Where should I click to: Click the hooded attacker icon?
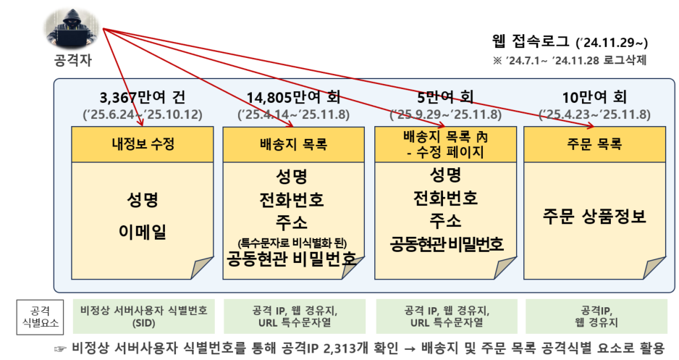[x=72, y=28]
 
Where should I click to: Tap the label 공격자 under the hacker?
[x=72, y=60]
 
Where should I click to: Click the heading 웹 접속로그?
[x=531, y=41]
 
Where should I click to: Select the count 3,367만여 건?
[x=143, y=98]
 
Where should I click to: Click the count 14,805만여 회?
[x=294, y=98]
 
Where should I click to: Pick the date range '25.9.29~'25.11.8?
[x=446, y=114]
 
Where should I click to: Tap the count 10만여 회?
[x=594, y=98]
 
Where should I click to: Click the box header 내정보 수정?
[x=143, y=144]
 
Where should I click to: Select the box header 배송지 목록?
[x=294, y=144]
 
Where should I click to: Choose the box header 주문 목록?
[x=594, y=144]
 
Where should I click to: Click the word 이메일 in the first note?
[x=143, y=232]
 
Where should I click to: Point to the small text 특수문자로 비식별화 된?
[x=292, y=243]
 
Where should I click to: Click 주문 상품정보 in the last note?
[x=594, y=216]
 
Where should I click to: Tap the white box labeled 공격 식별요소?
[x=40, y=317]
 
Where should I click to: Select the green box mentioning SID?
[x=144, y=317]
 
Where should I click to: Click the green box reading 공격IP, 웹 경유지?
[x=596, y=317]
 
